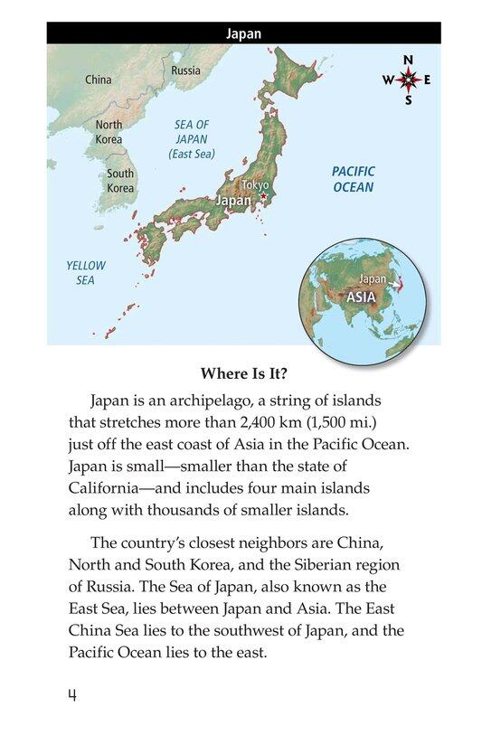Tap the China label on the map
click(x=98, y=80)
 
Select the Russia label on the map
click(x=185, y=70)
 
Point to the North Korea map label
click(x=109, y=132)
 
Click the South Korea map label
click(x=120, y=181)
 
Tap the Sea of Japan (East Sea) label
click(x=192, y=139)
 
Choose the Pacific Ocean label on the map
click(x=352, y=179)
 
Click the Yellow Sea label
click(x=86, y=273)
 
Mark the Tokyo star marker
click(x=263, y=197)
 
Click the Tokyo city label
click(x=256, y=185)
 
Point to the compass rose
click(x=409, y=80)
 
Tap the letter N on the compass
click(x=409, y=61)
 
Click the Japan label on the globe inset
click(x=374, y=278)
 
